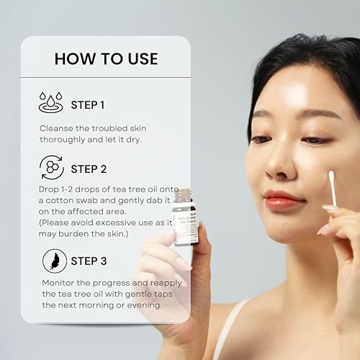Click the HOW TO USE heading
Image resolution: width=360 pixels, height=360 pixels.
(106, 58)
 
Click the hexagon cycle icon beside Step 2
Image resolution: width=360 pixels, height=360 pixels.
(51, 168)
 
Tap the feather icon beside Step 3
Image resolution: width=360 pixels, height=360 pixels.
(51, 260)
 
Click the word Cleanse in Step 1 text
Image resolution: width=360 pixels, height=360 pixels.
(58, 128)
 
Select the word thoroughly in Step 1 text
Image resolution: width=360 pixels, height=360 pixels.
(66, 140)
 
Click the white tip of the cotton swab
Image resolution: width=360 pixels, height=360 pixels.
(332, 176)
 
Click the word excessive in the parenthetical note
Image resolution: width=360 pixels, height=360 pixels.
(115, 224)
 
